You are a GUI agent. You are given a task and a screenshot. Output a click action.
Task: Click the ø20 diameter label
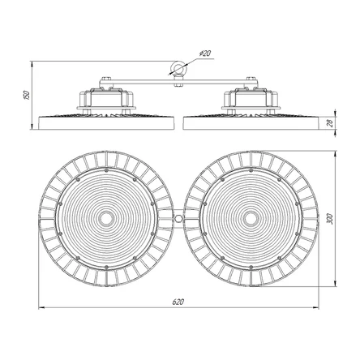pyautogui.click(x=205, y=54)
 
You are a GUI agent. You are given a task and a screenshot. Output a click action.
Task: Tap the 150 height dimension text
pyautogui.click(x=26, y=95)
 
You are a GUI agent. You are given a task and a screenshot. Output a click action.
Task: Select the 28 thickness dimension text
pyautogui.click(x=329, y=123)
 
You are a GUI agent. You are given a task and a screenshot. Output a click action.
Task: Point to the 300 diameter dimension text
pyautogui.click(x=329, y=219)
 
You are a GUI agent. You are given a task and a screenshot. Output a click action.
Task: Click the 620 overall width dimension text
pyautogui.click(x=178, y=302)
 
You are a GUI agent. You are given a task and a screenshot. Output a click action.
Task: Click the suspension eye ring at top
pyautogui.click(x=178, y=67)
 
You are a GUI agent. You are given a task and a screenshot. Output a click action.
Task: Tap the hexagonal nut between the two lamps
pyautogui.click(x=178, y=218)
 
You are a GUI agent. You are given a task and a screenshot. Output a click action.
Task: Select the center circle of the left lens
pyautogui.click(x=106, y=218)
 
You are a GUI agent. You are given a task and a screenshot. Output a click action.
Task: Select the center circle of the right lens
pyautogui.click(x=251, y=218)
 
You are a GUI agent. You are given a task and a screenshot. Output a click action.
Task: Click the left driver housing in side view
pyautogui.click(x=106, y=98)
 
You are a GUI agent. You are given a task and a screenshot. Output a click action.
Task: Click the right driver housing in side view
pyautogui.click(x=251, y=98)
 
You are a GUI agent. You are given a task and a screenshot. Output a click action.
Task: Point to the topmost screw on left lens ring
pyautogui.click(x=106, y=170)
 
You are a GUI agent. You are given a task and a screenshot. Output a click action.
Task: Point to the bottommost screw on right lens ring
pyautogui.click(x=251, y=267)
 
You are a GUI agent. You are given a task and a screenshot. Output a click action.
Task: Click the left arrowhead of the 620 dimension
pyautogui.click(x=41, y=307)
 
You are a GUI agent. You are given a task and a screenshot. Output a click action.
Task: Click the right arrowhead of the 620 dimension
pyautogui.click(x=315, y=307)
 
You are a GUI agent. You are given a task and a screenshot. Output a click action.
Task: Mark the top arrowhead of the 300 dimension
pyautogui.click(x=336, y=154)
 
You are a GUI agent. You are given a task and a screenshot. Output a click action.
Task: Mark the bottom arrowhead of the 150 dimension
pyautogui.click(x=32, y=126)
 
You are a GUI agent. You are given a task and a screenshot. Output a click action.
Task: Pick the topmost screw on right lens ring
pyautogui.click(x=251, y=170)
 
